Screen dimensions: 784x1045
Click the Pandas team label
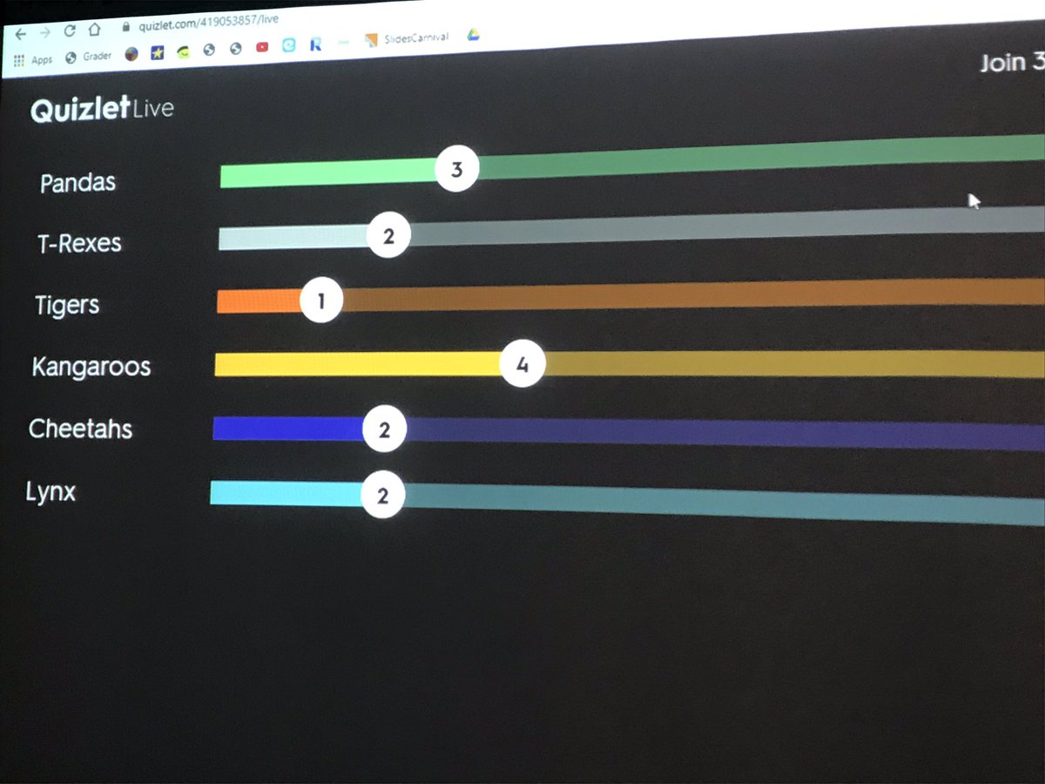tap(78, 183)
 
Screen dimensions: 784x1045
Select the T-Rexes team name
tap(79, 243)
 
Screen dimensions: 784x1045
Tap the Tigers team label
tap(67, 306)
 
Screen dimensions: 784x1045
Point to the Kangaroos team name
tap(91, 367)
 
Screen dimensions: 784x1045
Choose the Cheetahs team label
tap(80, 429)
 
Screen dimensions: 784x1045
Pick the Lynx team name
tap(51, 492)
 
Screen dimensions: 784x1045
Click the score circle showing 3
tap(456, 170)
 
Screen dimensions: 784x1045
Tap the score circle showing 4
tap(522, 365)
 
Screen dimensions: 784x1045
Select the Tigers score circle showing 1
tap(321, 301)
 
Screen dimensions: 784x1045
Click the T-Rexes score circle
tap(388, 236)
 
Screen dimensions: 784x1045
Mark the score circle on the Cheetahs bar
tap(384, 429)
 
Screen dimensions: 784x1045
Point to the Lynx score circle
tap(382, 496)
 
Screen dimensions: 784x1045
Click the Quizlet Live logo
tap(102, 110)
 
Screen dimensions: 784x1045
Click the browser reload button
tap(70, 30)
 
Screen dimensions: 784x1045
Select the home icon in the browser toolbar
tap(94, 29)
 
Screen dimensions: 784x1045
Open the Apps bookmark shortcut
tap(33, 60)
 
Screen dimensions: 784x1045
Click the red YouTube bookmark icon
tap(262, 48)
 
